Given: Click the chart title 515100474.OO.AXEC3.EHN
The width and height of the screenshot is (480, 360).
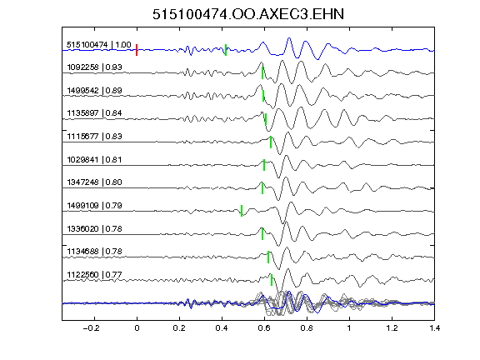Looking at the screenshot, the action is coord(248,14).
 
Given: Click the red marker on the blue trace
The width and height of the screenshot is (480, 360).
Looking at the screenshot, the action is coord(137,50).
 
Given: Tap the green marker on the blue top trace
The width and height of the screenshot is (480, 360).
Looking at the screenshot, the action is coord(226,50).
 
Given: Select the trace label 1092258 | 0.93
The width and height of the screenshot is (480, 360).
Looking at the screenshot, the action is coord(95,67).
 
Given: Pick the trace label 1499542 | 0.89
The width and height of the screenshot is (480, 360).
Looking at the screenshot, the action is coord(95,90).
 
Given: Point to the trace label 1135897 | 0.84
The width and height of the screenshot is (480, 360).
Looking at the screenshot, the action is coord(95,113).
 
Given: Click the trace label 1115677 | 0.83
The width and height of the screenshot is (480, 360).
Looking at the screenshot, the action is coord(95,136).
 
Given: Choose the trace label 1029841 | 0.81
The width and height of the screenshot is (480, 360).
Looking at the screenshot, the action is coord(95,159).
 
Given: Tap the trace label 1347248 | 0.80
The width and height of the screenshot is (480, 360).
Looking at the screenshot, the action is coord(95,182).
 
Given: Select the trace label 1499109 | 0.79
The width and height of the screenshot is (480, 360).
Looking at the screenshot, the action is coord(95,205).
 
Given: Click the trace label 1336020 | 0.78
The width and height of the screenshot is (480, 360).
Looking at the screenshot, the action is coord(95,228).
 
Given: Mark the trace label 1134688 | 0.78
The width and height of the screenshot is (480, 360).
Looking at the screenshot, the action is coord(95,252).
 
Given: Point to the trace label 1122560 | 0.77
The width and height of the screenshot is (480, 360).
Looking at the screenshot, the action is coord(95,275).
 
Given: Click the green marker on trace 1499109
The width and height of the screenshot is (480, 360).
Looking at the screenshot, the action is coord(242,211).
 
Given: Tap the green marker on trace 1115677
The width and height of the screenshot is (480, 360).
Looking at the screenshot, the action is coord(271,142).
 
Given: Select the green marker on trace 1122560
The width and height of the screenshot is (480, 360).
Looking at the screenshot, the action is coord(272,280).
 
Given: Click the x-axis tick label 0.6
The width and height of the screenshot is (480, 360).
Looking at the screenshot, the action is coord(264,328).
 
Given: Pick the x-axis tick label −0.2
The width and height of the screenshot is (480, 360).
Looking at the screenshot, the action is coord(91,328).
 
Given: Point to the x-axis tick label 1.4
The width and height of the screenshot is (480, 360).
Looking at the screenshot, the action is coord(435,328).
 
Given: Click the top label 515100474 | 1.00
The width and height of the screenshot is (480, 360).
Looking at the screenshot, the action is coord(99,45).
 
